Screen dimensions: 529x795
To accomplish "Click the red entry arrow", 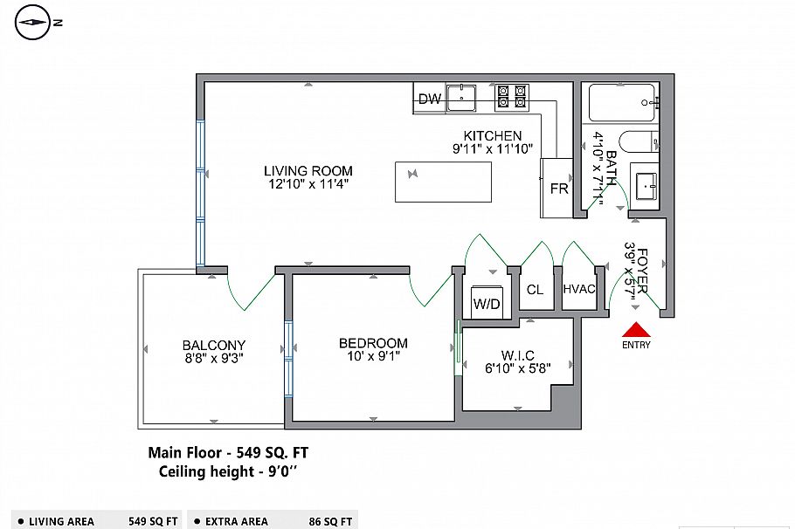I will coord(636,330).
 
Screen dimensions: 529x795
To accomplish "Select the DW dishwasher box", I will coord(429,99).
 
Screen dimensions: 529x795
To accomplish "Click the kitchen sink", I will coord(460,98).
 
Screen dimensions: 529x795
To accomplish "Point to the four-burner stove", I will coord(512,97).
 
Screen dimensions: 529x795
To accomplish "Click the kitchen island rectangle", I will coord(443,182).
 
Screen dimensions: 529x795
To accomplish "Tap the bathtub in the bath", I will coord(622,102).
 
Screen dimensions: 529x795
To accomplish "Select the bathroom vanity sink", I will coord(646,186).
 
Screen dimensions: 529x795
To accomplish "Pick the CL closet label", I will coord(535,290).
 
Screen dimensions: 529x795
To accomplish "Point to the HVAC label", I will coord(579,290).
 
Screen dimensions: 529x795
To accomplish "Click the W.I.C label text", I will coord(517,355).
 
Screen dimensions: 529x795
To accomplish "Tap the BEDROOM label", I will coord(373,343).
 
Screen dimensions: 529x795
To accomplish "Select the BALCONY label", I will coord(214,345).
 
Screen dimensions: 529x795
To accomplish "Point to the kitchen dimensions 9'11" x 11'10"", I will coord(492,149).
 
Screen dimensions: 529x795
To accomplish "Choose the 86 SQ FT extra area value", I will coord(331,521).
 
